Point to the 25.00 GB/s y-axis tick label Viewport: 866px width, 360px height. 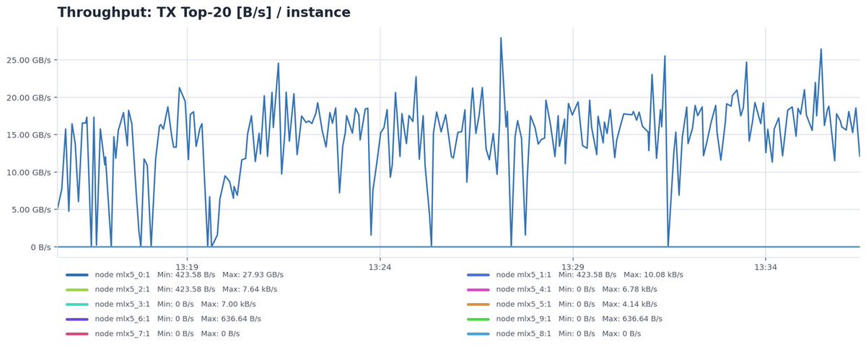(29, 61)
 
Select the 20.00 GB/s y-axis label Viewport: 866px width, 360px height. (29, 98)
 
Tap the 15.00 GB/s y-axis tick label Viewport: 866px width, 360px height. (29, 135)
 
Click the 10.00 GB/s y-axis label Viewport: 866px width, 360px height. (29, 172)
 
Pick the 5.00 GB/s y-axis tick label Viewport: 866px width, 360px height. (31, 210)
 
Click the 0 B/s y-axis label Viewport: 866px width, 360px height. (40, 247)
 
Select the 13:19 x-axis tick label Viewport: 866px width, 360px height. (187, 267)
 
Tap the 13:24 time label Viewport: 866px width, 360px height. (380, 267)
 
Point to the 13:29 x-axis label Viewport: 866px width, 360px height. (572, 267)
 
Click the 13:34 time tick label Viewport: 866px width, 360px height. (766, 267)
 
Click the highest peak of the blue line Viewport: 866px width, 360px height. (501, 38)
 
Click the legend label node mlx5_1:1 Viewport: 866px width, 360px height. (523, 275)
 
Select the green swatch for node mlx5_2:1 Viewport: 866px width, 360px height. (77, 289)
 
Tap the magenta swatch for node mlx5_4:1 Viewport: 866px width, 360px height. (478, 289)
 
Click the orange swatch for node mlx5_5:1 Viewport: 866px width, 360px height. (478, 304)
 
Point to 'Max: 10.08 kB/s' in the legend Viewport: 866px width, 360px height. (653, 275)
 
